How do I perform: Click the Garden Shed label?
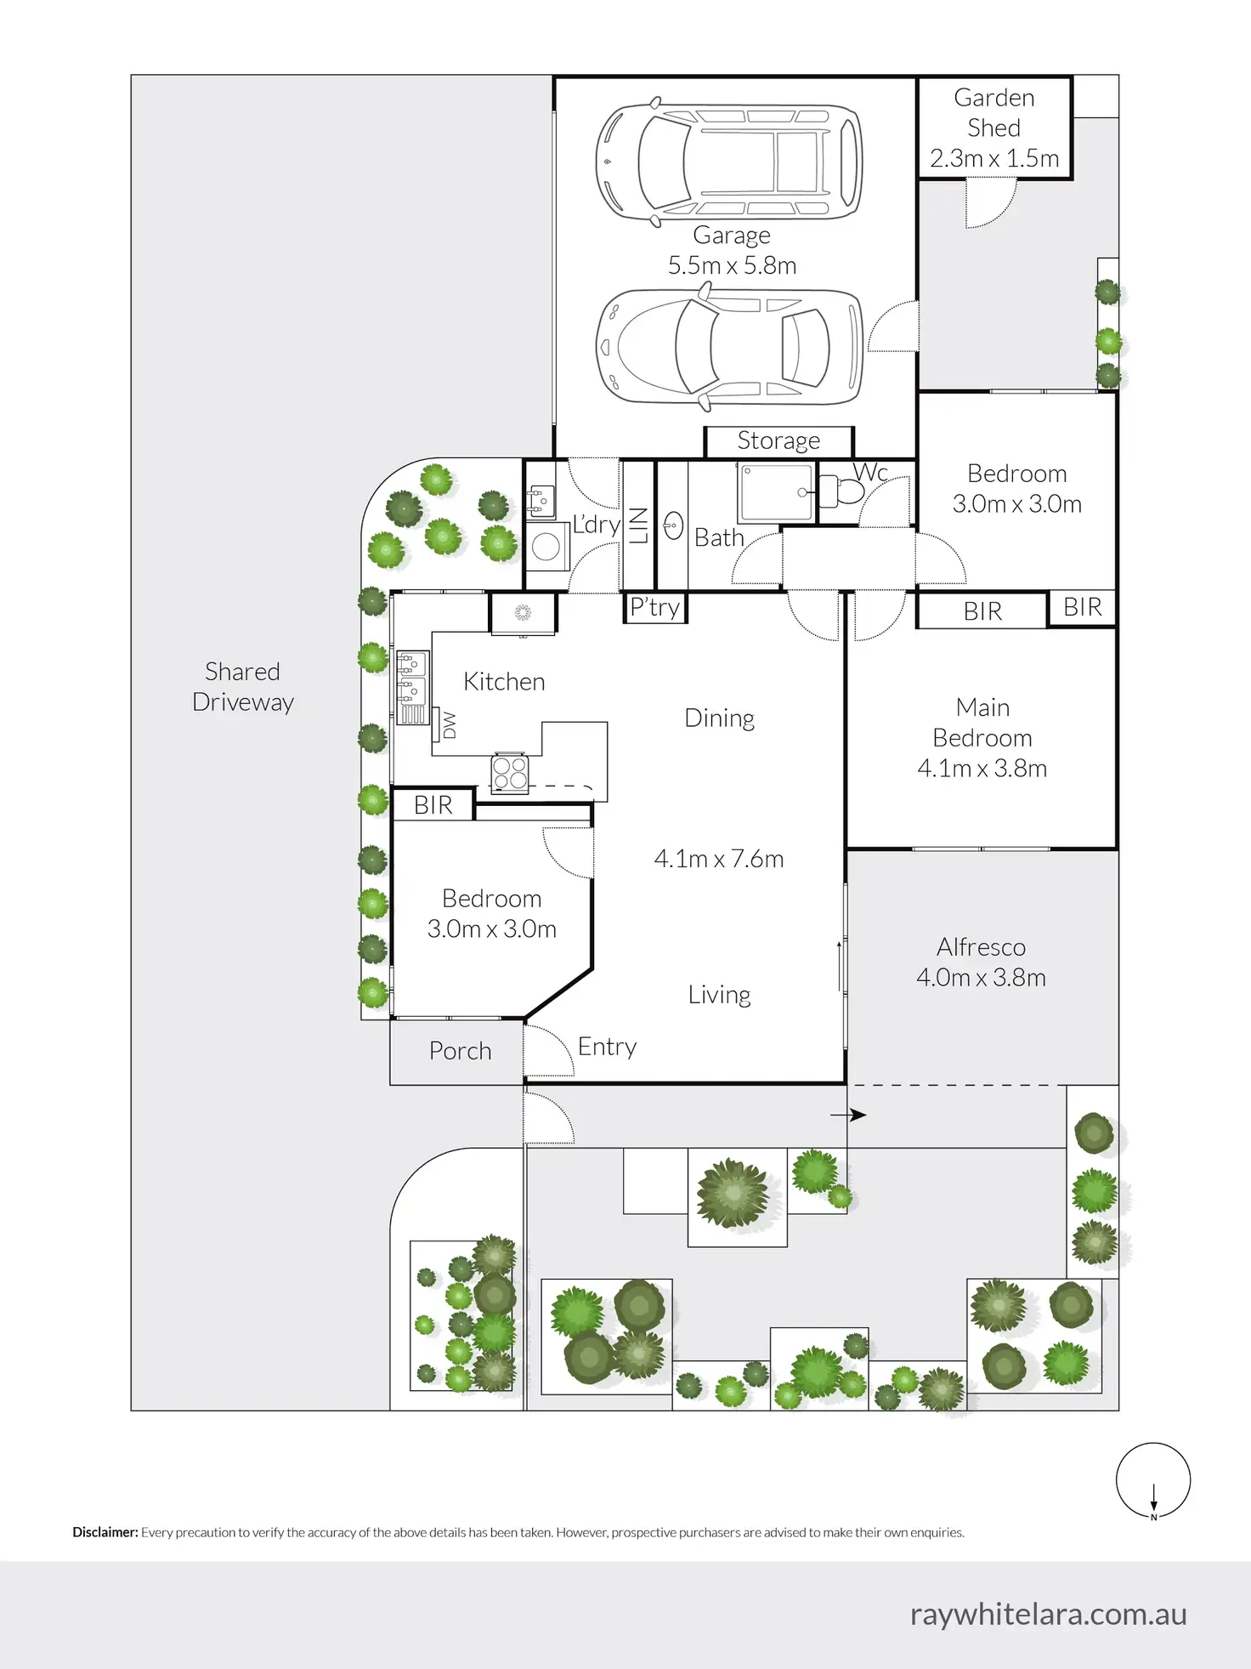point(993,112)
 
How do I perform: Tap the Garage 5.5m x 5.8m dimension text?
point(732,265)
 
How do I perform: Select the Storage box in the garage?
point(778,440)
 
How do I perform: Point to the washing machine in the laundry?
point(546,546)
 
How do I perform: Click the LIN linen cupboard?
point(639,525)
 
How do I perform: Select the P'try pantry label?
point(654,607)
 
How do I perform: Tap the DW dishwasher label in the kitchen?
point(450,724)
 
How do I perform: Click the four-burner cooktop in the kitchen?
point(510,773)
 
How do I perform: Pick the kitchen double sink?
point(411,678)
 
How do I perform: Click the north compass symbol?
point(1152,1480)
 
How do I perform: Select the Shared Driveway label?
point(242,686)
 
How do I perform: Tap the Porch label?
point(460,1051)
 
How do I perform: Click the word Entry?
point(607,1047)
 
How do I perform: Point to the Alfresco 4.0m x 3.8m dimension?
point(981,978)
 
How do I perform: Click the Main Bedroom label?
point(982,723)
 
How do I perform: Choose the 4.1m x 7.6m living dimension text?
point(718,859)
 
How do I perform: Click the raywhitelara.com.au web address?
point(1048,1614)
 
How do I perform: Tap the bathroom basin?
point(673,525)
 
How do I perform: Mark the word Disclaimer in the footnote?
point(105,1532)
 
